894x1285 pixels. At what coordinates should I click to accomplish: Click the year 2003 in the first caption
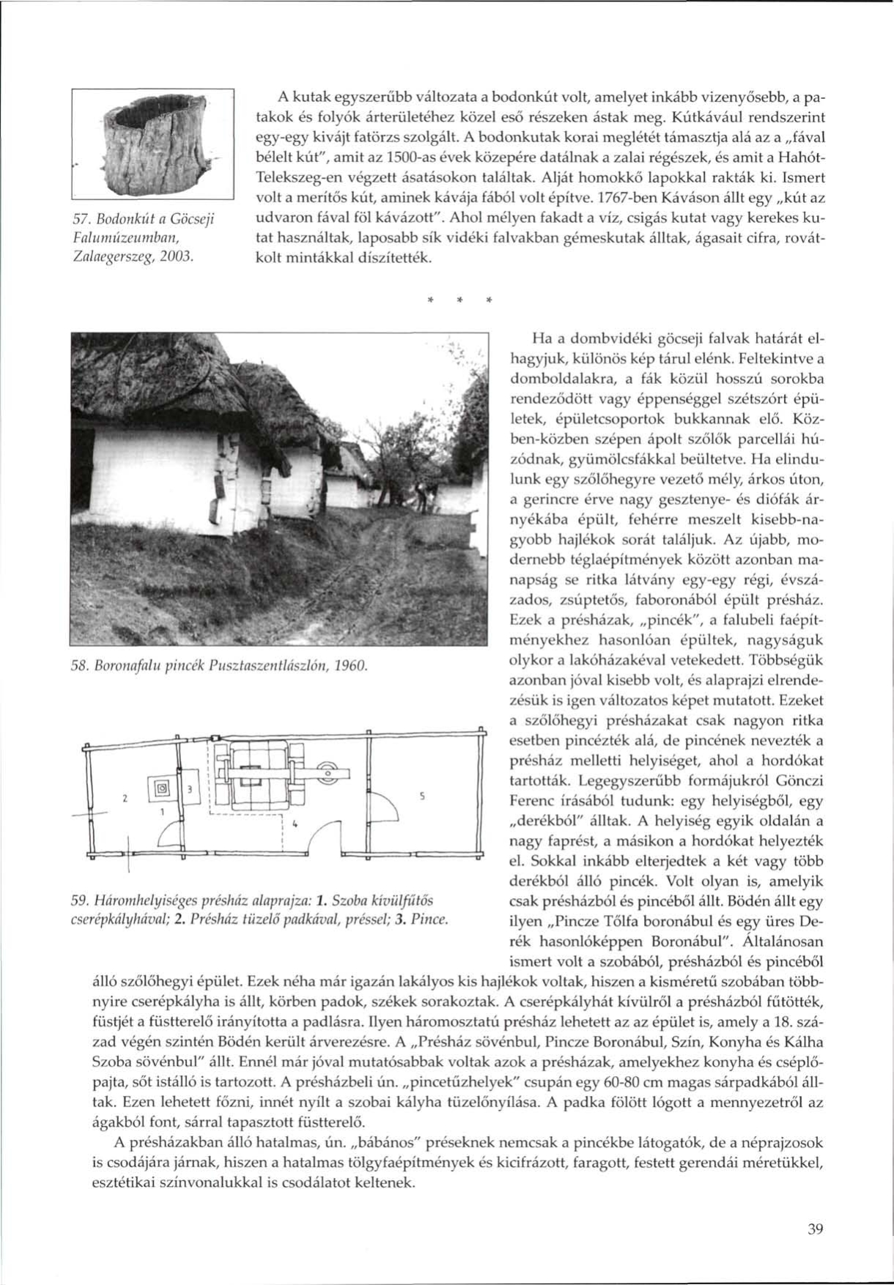pos(177,256)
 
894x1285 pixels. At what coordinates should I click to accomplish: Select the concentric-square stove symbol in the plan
pos(162,789)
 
